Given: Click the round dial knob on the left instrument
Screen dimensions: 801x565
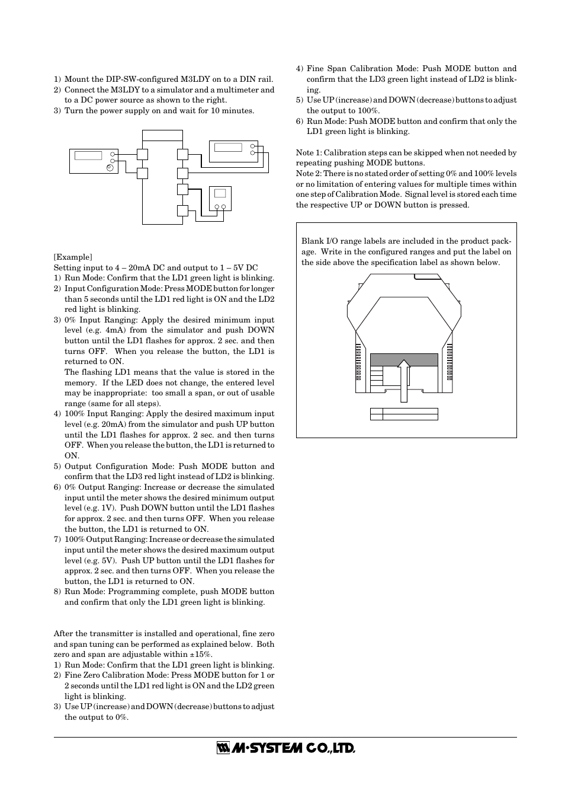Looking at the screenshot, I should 110,168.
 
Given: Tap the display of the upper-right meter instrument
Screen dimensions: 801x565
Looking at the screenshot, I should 227,147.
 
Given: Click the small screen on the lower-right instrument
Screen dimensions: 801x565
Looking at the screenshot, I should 220,193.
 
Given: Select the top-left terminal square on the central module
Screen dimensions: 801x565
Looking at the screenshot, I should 142,155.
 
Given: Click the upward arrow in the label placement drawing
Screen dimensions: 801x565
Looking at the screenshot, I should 403,382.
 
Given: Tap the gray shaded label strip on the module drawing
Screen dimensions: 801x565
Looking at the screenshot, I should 404,360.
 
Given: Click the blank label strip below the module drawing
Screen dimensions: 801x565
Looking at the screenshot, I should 410,414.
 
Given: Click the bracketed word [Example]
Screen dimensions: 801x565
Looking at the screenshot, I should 73,257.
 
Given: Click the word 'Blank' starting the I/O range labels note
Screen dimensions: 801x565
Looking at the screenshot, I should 312,241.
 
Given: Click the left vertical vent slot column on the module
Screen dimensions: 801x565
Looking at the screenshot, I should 358,362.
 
